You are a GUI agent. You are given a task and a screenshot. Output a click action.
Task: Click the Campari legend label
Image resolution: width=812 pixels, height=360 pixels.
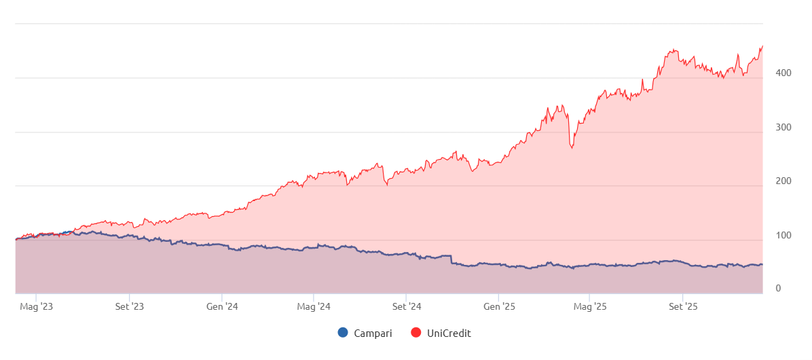coord(373,333)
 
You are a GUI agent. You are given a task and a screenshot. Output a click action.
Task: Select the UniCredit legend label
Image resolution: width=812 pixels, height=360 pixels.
coord(449,333)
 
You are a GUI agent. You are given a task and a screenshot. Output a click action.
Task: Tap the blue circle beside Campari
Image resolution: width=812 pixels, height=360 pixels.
coord(343,333)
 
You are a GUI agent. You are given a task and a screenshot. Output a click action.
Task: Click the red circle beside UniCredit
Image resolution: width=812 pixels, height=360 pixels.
coord(416,333)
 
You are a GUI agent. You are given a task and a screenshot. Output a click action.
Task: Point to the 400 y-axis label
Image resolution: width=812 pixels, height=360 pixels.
coord(773,73)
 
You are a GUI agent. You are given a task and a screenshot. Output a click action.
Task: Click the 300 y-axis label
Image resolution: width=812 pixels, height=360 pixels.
coord(773,127)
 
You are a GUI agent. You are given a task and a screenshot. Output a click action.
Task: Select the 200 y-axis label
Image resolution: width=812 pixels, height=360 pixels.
coord(773,181)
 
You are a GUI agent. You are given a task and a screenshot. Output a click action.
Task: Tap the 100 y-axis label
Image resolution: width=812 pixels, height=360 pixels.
coord(773,235)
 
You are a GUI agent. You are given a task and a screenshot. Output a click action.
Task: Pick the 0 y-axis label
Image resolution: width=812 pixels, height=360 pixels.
coord(778,289)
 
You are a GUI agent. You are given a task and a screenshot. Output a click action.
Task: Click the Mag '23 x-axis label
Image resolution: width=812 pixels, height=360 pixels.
coord(37,306)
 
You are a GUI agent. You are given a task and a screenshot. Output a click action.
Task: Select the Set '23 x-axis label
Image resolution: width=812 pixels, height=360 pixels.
coord(129,306)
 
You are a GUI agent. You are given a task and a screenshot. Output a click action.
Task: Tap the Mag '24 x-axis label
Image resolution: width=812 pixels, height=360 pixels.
coord(314,306)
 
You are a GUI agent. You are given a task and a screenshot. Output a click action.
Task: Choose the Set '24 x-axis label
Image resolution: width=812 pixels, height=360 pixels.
coord(406,306)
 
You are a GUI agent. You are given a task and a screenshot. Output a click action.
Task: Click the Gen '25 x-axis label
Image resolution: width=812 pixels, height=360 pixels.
coord(499,306)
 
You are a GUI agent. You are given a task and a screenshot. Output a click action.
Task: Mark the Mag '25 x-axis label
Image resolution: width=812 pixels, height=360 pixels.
coord(591,306)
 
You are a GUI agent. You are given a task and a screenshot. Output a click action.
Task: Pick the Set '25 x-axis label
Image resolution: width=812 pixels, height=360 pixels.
coord(683,306)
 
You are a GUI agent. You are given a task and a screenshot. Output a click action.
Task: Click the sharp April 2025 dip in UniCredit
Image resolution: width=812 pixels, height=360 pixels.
coord(572,147)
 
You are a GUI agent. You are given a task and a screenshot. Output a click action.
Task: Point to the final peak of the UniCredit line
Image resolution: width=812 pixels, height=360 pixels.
coord(762,46)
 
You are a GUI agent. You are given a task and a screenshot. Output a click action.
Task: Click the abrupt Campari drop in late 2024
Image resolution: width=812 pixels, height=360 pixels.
coord(451,259)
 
